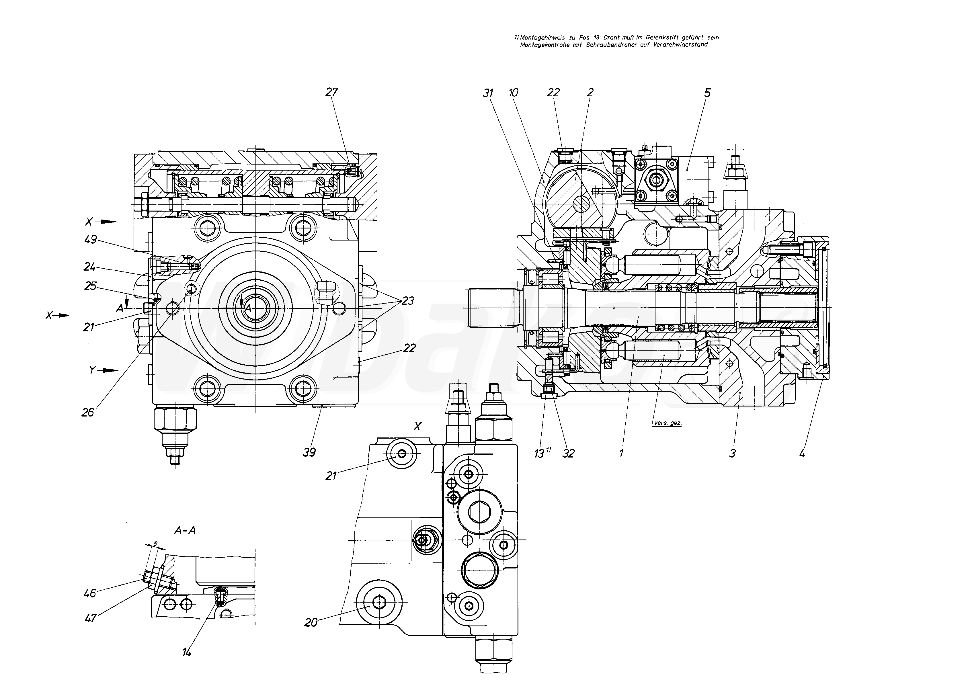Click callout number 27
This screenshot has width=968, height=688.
[332, 92]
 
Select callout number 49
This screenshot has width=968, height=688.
[91, 240]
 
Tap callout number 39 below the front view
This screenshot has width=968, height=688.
[310, 452]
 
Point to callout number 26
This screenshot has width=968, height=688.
[88, 412]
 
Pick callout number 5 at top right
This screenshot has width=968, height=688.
[707, 93]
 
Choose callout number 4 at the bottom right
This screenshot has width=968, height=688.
[801, 453]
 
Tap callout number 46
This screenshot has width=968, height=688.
[90, 593]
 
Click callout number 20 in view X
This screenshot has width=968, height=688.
[311, 622]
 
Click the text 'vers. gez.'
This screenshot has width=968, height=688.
[668, 423]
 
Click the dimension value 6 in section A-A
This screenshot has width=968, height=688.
[155, 544]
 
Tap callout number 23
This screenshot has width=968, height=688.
[407, 301]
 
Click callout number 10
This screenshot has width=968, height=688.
[514, 93]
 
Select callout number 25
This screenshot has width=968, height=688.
[90, 286]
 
